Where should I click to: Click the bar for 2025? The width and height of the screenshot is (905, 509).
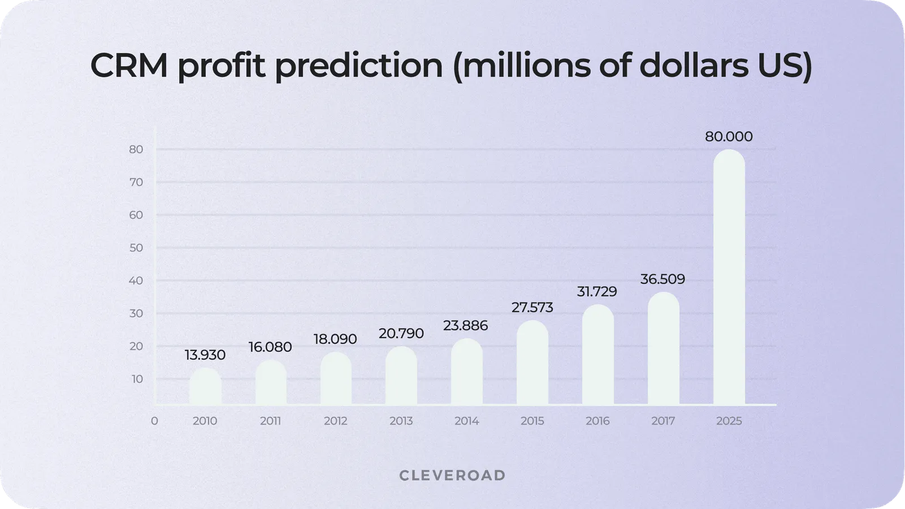pos(729,277)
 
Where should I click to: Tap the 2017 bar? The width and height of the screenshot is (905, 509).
pos(663,348)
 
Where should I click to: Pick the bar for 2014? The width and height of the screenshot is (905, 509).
pos(467,372)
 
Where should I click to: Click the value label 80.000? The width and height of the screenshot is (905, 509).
pos(729,137)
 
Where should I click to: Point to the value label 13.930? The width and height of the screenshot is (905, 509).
pos(205,355)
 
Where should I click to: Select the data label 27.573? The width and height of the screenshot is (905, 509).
pos(532,308)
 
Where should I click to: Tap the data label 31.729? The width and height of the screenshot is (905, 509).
pos(597,292)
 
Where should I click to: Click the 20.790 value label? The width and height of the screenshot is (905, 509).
pos(401,334)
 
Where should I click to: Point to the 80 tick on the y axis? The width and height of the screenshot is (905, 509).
pos(136,149)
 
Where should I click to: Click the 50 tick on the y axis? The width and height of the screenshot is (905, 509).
pos(136,248)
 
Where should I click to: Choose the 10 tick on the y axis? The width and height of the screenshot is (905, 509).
pos(137,379)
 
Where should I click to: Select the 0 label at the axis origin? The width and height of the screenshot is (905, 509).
pos(154,421)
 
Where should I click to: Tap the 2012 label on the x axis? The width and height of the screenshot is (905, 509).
pos(336,421)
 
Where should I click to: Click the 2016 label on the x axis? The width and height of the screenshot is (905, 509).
pos(597,421)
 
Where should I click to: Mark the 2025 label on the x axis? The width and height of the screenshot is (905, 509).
pos(729,421)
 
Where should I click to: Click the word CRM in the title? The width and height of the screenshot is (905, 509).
pos(129,66)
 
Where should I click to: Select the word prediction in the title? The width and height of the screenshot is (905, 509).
pos(359,66)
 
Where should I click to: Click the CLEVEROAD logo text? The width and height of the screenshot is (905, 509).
pos(452,476)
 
